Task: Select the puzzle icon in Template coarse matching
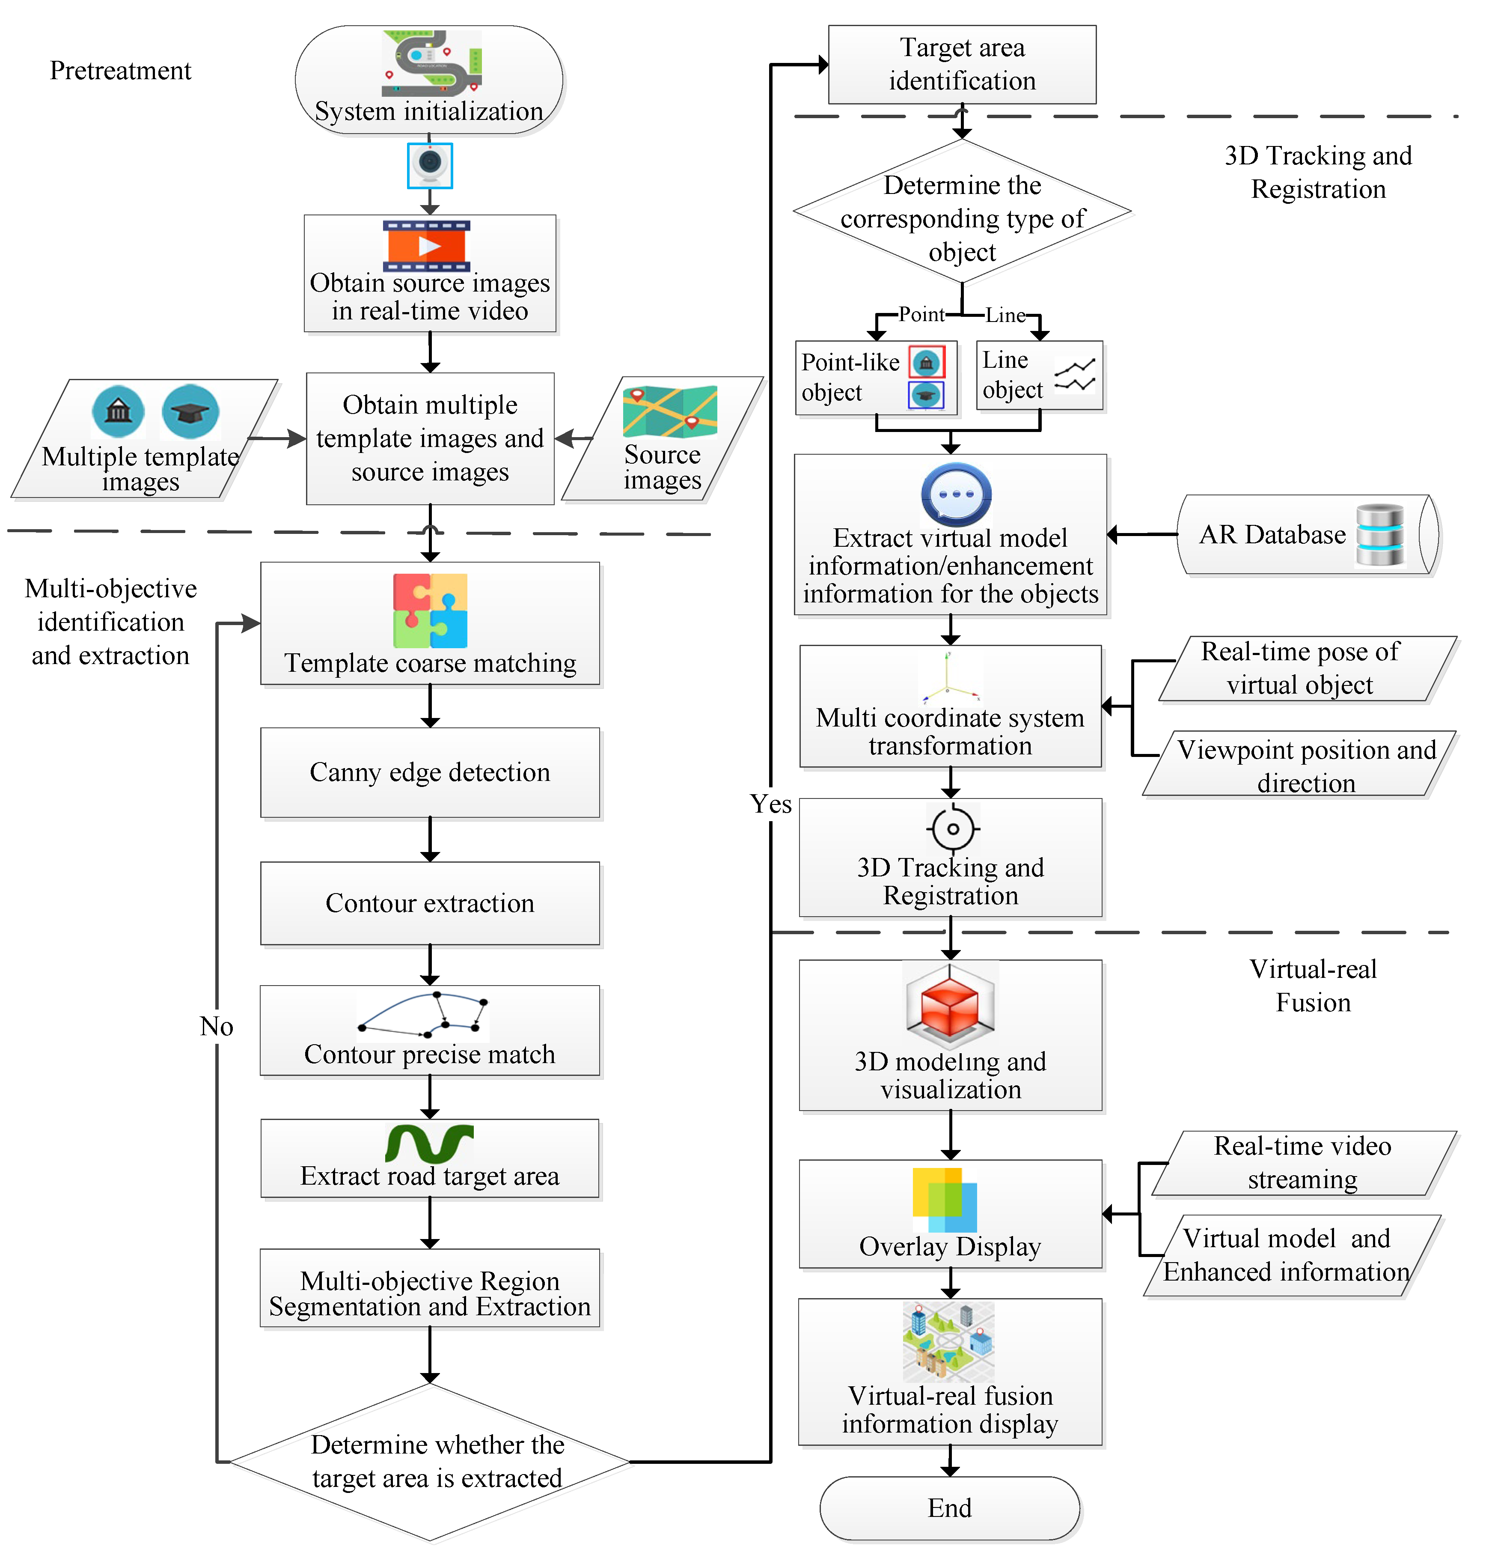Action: [430, 611]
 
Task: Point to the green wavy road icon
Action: [429, 1143]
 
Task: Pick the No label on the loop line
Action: [216, 1026]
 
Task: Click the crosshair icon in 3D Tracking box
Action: [953, 828]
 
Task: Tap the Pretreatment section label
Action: [120, 71]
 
